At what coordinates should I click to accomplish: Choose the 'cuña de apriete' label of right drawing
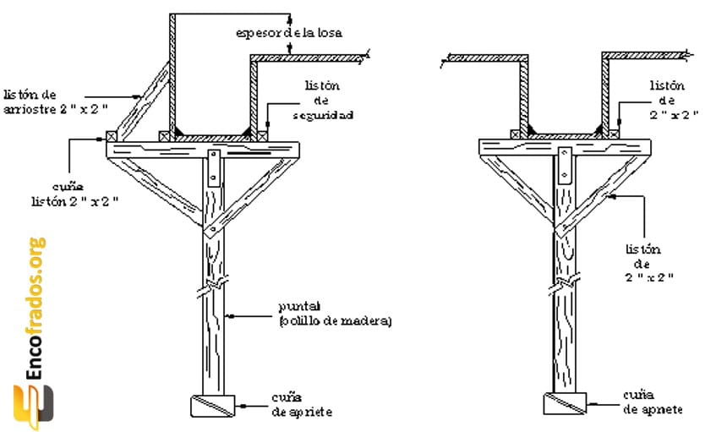[652, 402]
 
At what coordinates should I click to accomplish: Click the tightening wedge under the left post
[213, 405]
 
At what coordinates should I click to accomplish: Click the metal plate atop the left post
[214, 167]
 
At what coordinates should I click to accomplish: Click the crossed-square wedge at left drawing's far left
[111, 135]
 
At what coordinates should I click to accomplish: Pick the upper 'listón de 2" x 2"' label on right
[673, 100]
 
